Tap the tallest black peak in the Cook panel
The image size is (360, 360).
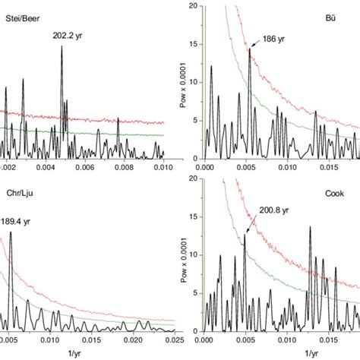coord(309,228)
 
